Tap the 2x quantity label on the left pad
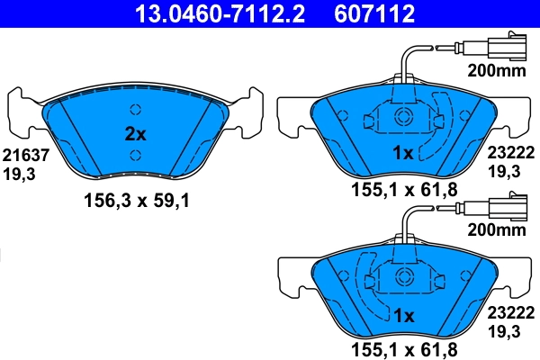(x=134, y=134)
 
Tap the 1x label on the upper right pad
(x=402, y=154)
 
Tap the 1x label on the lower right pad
(x=402, y=316)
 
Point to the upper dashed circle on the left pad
(x=135, y=111)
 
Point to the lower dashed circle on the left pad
(x=135, y=156)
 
